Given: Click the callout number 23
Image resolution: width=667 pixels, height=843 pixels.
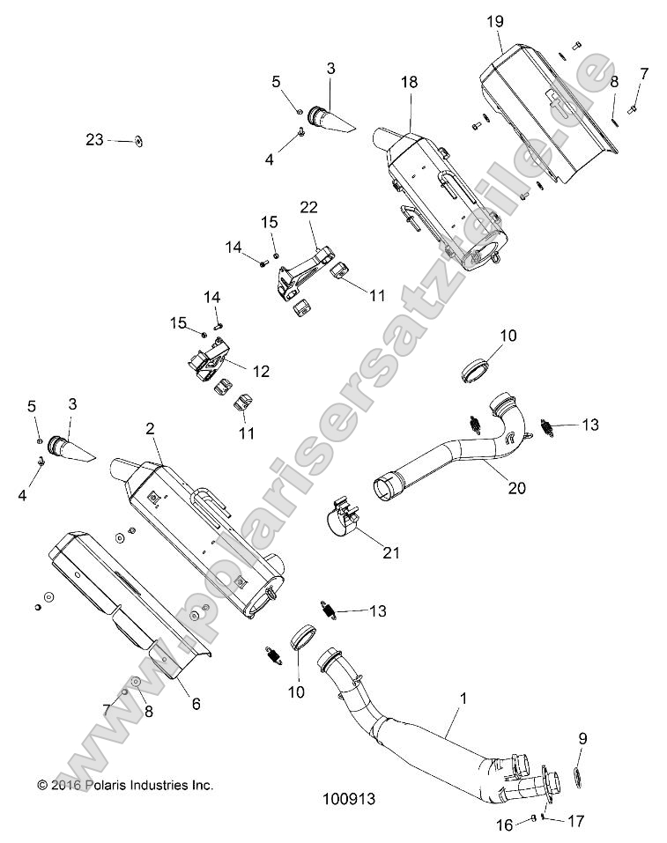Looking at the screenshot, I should (95, 139).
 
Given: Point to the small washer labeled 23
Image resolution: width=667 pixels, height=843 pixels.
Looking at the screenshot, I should (139, 139).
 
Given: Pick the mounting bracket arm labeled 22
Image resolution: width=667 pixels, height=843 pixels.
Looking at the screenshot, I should (304, 265).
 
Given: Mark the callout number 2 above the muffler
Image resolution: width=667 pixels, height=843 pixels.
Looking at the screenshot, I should (150, 429).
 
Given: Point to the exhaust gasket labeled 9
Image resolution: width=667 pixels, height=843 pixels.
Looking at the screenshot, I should (578, 775).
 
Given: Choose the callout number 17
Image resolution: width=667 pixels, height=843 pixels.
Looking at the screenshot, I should (574, 821).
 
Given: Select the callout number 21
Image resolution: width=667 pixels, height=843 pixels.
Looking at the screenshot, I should (390, 553).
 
